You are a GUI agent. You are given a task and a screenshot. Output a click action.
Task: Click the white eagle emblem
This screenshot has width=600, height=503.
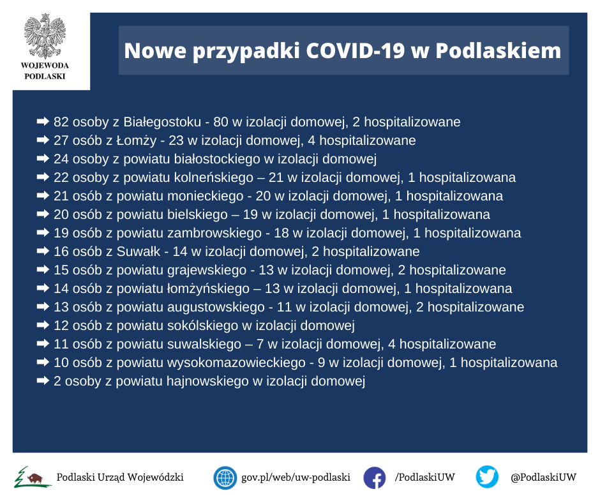pos(45,36)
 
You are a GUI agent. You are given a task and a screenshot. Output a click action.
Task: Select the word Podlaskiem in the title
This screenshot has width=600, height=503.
pos(499,50)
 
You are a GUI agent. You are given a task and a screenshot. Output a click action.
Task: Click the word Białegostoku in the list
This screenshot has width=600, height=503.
pos(162,122)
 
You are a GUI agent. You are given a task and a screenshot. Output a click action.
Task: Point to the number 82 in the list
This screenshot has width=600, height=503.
pos(61,122)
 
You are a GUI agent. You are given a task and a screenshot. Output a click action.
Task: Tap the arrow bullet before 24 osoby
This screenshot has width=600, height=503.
pos(43,158)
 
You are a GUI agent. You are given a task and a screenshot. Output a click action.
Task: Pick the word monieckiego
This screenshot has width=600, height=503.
pos(206,196)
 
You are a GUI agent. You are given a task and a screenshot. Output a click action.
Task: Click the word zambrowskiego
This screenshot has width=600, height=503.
pos(214,233)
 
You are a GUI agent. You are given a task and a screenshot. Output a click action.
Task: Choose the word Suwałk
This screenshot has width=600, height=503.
pos(139,251)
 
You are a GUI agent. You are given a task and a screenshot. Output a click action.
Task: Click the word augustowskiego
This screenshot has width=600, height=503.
pos(216,307)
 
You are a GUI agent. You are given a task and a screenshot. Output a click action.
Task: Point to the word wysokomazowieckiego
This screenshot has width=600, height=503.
pos(236,363)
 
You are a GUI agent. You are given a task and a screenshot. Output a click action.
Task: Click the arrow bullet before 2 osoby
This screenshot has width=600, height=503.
pos(43,380)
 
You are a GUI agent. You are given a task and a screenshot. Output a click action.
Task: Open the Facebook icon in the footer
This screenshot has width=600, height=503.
pos(374,477)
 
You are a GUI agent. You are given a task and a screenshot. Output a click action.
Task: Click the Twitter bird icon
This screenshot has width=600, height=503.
pos(487,477)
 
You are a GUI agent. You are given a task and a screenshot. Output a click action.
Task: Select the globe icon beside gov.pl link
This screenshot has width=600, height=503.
pos(225,477)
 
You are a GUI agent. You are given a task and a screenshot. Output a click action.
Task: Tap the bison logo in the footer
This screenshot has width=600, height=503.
pos(33,477)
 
